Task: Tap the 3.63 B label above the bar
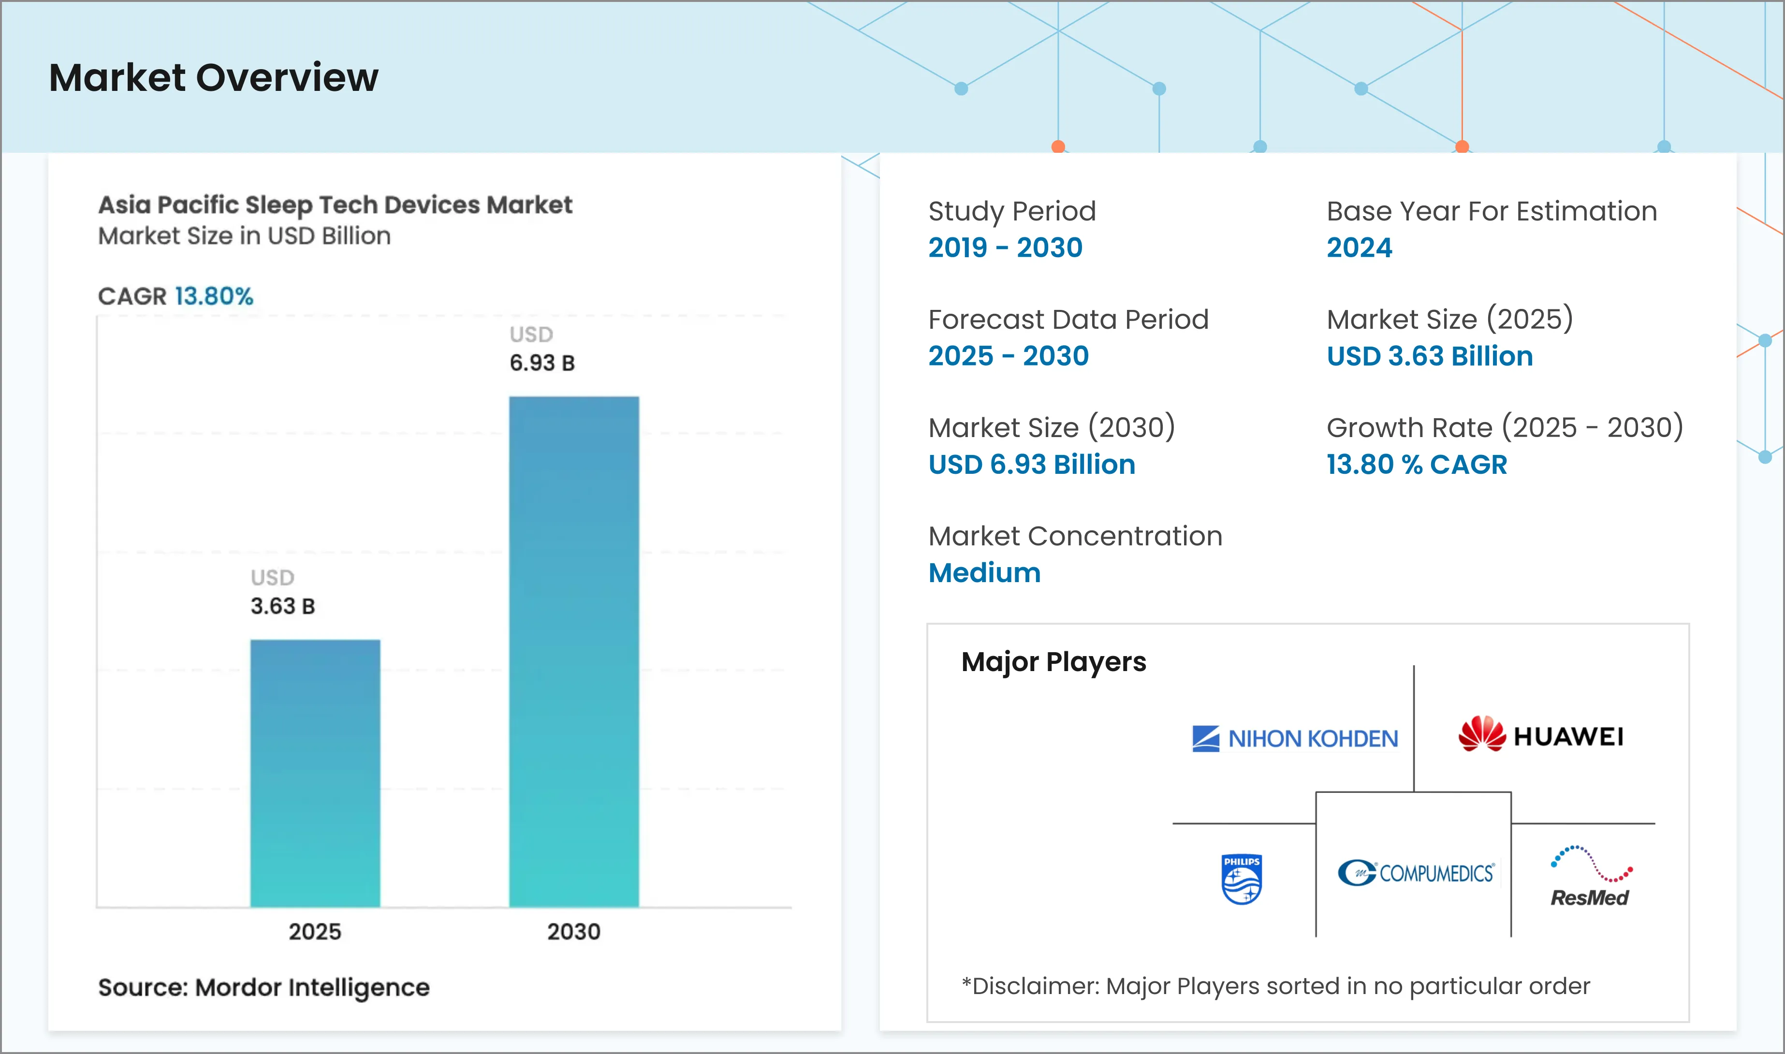[x=282, y=606]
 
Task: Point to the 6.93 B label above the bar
[x=542, y=363]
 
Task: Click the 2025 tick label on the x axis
[x=315, y=931]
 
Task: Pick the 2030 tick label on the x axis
[x=574, y=931]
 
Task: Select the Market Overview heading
[x=214, y=77]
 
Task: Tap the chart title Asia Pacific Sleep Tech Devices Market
[x=335, y=205]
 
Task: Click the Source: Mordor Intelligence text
[x=263, y=987]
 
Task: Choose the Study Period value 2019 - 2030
[x=1005, y=247]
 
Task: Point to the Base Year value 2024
[x=1359, y=247]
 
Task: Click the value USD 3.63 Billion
[x=1429, y=356]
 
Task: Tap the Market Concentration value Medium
[x=984, y=572]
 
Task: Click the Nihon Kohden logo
[x=1294, y=739]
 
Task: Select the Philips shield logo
[x=1241, y=879]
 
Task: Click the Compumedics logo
[x=1416, y=873]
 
